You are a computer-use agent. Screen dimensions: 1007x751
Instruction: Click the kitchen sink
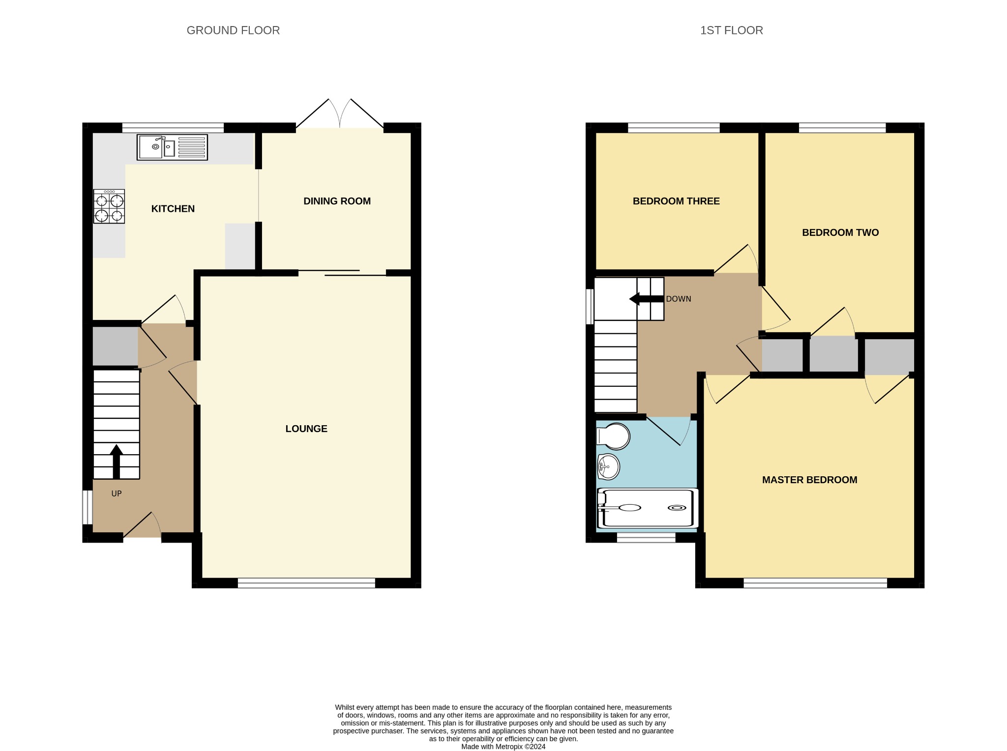[172, 147]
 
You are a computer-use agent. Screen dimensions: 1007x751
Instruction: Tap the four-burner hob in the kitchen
[109, 206]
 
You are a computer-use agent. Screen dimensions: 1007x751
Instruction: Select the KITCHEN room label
[173, 209]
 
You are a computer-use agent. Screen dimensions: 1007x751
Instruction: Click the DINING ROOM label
[337, 201]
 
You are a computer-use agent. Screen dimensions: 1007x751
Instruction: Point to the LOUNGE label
[306, 429]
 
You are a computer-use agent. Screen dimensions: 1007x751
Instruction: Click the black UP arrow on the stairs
[117, 462]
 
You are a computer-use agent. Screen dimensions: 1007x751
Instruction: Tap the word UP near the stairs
[117, 493]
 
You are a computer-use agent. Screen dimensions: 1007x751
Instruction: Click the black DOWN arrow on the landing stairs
[647, 299]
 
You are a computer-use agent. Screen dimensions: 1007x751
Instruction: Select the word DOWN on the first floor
[679, 299]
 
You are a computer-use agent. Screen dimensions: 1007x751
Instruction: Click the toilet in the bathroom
[613, 436]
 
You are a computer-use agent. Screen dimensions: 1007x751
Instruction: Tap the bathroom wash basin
[608, 466]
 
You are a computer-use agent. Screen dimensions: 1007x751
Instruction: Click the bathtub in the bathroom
[648, 508]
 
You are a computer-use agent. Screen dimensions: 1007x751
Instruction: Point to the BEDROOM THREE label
[676, 201]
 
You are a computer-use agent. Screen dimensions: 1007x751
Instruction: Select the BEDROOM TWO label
[840, 232]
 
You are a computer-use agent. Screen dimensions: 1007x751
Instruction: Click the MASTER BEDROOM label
[810, 480]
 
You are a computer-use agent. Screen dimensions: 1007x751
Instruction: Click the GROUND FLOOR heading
[233, 30]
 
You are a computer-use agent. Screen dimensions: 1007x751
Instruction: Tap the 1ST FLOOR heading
[732, 30]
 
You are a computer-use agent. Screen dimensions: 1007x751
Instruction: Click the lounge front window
[306, 583]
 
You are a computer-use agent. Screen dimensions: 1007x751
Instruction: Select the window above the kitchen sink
[173, 128]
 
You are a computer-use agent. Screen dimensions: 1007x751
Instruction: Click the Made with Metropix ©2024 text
[503, 747]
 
